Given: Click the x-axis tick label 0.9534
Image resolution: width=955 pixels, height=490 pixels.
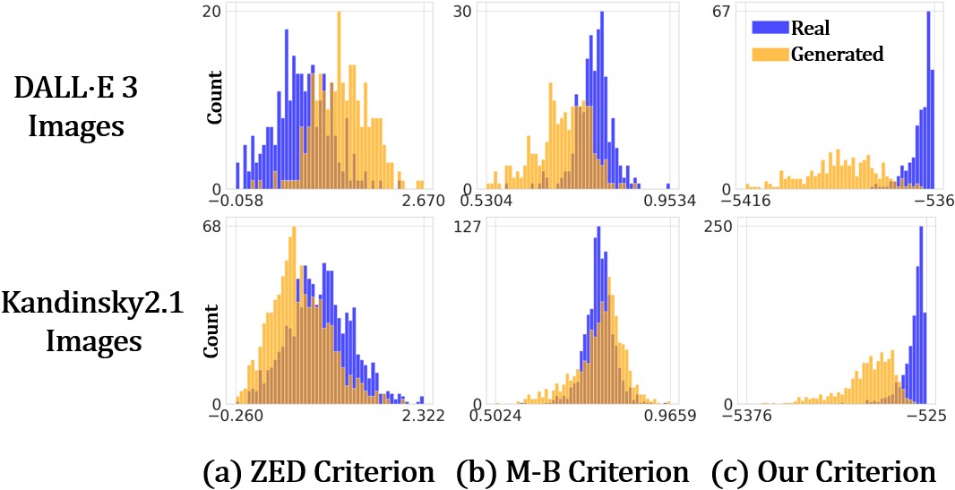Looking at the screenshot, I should (665, 202).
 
